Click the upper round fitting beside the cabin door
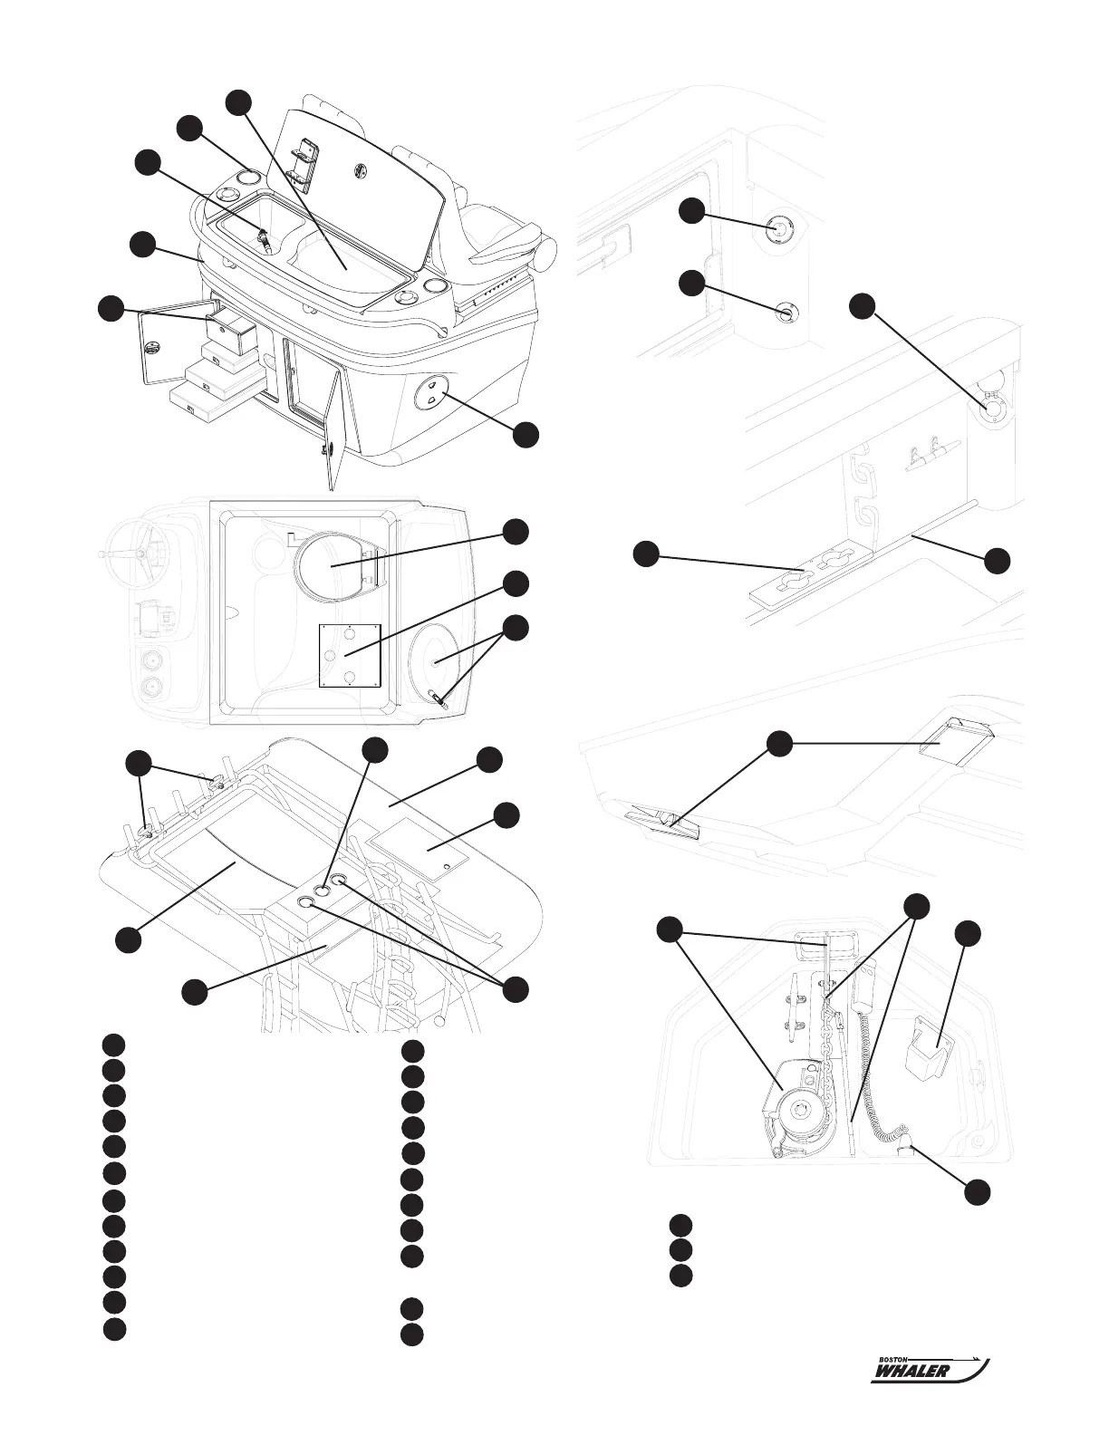(776, 227)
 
